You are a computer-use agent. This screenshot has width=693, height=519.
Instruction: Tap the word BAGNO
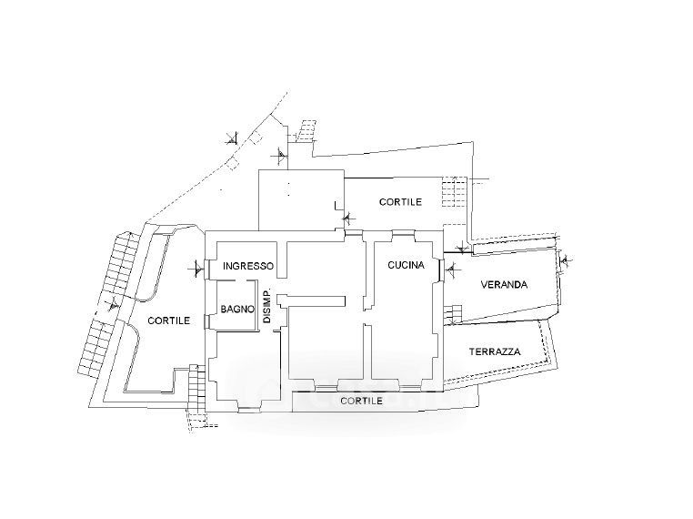pyautogui.click(x=236, y=310)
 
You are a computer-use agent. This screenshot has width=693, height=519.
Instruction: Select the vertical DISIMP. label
pyautogui.click(x=267, y=307)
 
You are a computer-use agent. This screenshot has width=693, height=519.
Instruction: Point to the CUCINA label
pyautogui.click(x=403, y=265)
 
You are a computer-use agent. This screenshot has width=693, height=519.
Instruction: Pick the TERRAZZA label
pyautogui.click(x=495, y=351)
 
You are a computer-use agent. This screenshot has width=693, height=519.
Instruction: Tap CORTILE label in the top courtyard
pyautogui.click(x=400, y=202)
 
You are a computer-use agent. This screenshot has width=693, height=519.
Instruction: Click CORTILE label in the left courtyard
pyautogui.click(x=169, y=321)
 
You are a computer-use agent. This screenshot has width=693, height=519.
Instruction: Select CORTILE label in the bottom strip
pyautogui.click(x=361, y=400)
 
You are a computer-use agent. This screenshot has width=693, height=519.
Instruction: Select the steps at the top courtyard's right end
pyautogui.click(x=452, y=193)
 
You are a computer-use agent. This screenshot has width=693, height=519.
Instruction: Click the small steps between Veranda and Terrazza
pyautogui.click(x=450, y=315)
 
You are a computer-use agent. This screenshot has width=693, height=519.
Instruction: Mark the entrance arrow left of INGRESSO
pyautogui.click(x=197, y=269)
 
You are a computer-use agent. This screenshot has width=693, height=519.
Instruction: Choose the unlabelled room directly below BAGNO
pyautogui.click(x=243, y=369)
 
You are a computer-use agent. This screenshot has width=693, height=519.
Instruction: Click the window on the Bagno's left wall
pyautogui.click(x=216, y=309)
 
